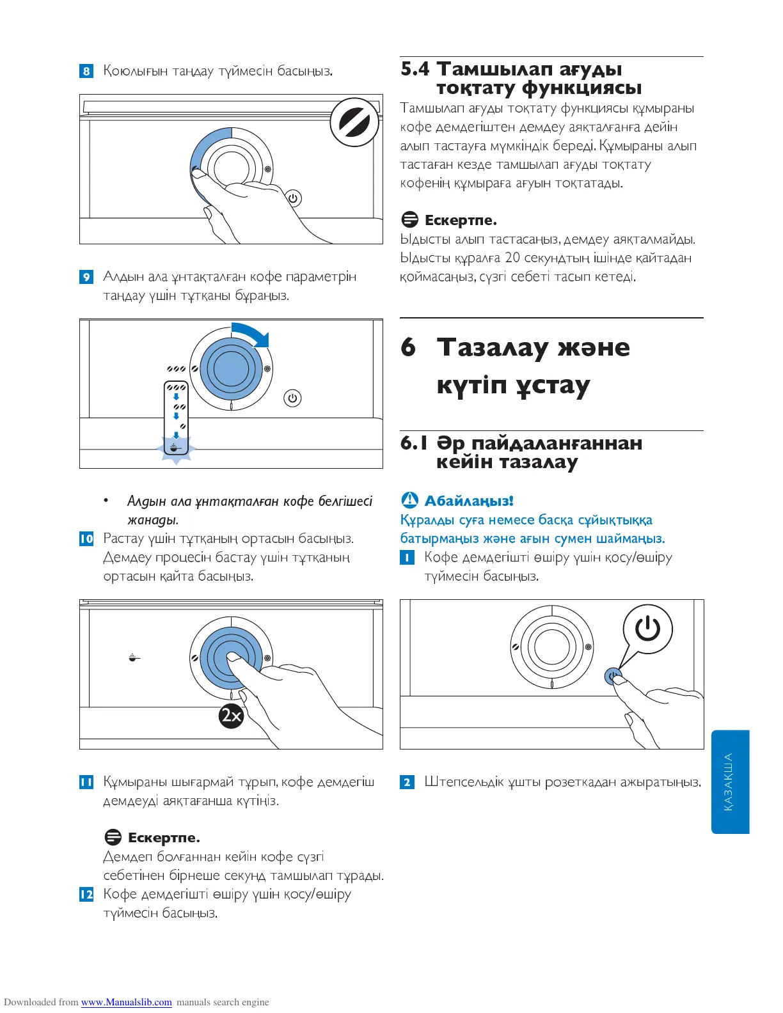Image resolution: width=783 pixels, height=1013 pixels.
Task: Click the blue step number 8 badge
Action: pyautogui.click(x=86, y=71)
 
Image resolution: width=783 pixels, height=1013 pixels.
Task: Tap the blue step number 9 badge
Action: pyautogui.click(x=86, y=277)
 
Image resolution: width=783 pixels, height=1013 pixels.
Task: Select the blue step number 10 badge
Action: pyautogui.click(x=86, y=539)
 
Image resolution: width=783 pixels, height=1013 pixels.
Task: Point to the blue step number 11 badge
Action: pyautogui.click(x=86, y=782)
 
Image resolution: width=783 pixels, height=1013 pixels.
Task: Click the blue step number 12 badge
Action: pyautogui.click(x=86, y=894)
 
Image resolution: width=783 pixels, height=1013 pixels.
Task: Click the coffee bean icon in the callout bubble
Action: pyautogui.click(x=354, y=122)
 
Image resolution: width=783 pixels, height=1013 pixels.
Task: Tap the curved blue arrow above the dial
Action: pyautogui.click(x=252, y=333)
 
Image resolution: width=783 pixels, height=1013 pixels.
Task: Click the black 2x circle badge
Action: pyautogui.click(x=231, y=715)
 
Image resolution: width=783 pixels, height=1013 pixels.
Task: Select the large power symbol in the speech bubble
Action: pyautogui.click(x=647, y=629)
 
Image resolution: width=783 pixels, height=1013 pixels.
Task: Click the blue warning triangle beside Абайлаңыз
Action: pyautogui.click(x=409, y=500)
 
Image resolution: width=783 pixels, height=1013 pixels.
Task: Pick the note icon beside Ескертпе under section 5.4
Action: pyautogui.click(x=409, y=220)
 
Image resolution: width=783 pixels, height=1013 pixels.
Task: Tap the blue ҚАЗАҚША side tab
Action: pyautogui.click(x=729, y=781)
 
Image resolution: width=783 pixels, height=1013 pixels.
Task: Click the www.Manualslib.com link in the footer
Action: pyautogui.click(x=126, y=1002)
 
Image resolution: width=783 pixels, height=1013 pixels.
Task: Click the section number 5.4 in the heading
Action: pyautogui.click(x=415, y=69)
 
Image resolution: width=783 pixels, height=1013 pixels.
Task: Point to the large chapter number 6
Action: pyautogui.click(x=408, y=347)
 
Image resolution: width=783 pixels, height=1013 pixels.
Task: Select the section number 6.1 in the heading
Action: pyautogui.click(x=414, y=443)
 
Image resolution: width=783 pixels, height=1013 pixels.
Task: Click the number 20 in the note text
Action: pyautogui.click(x=512, y=258)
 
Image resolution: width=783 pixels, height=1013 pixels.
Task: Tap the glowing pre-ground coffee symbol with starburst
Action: pyautogui.click(x=176, y=448)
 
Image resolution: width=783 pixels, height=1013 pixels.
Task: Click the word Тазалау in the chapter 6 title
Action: pyautogui.click(x=493, y=347)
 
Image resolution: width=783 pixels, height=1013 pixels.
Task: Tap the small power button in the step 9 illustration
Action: pyautogui.click(x=292, y=398)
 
